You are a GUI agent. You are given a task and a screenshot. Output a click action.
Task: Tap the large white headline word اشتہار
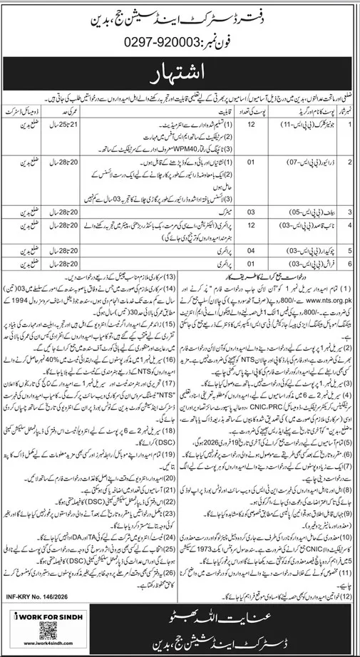180,73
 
